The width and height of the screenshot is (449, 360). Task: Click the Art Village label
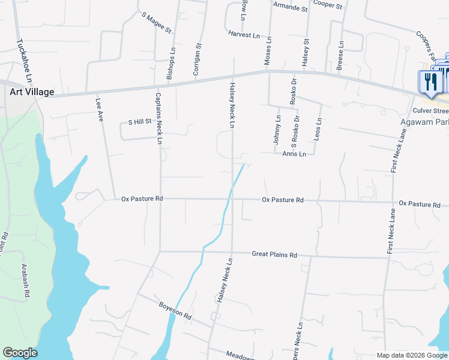click(32, 92)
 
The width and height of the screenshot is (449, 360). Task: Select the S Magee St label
click(156, 22)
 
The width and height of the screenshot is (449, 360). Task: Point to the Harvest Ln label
click(244, 35)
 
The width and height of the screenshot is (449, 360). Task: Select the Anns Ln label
click(294, 154)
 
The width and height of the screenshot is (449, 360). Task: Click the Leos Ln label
click(318, 129)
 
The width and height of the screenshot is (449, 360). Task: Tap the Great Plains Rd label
click(274, 255)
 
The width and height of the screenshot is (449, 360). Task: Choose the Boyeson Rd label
click(175, 310)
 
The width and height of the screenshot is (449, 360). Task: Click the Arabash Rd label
click(25, 281)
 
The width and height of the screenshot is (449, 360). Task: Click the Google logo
click(20, 353)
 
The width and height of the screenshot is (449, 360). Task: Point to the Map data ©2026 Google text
click(411, 355)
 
